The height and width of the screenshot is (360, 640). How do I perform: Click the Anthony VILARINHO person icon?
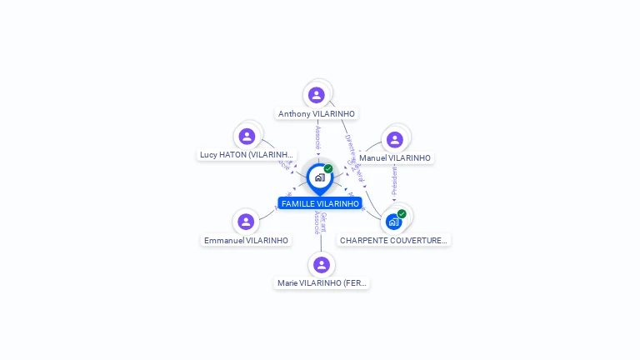[316, 95]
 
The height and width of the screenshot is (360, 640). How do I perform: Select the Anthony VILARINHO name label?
[317, 114]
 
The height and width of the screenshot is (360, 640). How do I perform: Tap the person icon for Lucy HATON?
[247, 136]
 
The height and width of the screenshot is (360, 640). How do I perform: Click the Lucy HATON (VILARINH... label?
[247, 155]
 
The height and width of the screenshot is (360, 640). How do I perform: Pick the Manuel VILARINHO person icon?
[395, 139]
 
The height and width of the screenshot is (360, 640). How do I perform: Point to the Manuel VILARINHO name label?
[395, 158]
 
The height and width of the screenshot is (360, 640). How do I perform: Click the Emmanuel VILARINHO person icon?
[245, 222]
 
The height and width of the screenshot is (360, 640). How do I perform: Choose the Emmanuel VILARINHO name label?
[246, 241]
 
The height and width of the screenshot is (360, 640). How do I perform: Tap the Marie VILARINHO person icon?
[322, 264]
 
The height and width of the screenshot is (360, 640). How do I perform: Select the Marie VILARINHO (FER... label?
[322, 283]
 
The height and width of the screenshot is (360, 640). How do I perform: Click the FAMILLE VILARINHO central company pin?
[319, 177]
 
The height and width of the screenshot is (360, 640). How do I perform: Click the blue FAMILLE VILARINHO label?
[320, 203]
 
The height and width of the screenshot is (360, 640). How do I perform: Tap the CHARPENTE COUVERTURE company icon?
[393, 222]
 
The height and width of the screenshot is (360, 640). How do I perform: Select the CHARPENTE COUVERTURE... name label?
[393, 241]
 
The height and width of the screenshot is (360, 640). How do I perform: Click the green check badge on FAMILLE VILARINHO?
[328, 168]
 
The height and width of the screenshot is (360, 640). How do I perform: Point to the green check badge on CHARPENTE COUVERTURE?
[402, 213]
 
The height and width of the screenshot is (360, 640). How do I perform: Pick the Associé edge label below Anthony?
[317, 137]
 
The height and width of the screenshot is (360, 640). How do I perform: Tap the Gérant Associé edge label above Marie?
[320, 222]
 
